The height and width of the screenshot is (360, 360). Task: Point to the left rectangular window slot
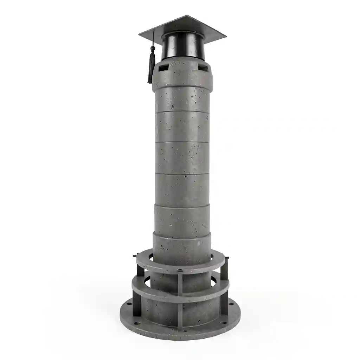tap(162, 67)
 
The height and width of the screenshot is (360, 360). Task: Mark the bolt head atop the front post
tap(180, 270)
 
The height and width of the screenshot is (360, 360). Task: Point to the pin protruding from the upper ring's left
tap(135, 256)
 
